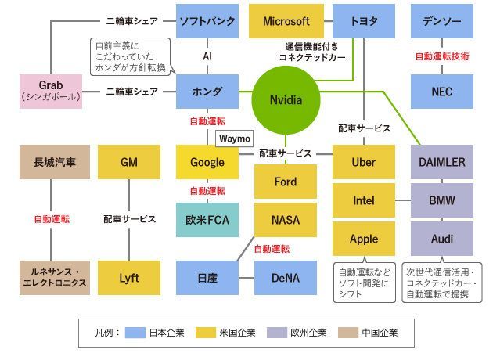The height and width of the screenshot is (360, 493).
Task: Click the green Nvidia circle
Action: (x=286, y=100)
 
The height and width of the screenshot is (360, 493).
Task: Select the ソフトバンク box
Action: (x=207, y=21)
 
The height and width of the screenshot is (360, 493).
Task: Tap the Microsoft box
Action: (x=286, y=21)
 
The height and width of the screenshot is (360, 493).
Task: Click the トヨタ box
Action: (x=364, y=21)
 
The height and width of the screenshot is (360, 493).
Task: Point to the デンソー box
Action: (x=442, y=21)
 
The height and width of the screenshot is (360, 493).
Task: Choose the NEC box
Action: (x=442, y=92)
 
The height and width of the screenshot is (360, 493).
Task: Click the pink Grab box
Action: (x=51, y=92)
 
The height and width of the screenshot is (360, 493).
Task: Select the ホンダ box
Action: (x=207, y=92)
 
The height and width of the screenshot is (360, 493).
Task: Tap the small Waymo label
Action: (x=234, y=139)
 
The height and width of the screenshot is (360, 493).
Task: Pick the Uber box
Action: (x=364, y=162)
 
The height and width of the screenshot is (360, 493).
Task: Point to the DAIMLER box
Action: (x=442, y=162)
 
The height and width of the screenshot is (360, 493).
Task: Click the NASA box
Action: (x=286, y=220)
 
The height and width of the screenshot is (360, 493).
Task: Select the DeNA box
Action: (x=286, y=277)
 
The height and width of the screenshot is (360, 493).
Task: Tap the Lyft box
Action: (x=129, y=277)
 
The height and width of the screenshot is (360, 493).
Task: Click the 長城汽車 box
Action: (x=51, y=162)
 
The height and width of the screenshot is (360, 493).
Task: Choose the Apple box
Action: (x=364, y=239)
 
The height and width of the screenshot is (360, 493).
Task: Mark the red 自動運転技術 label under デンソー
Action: (x=442, y=56)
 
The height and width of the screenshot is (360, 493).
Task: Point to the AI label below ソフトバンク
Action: (x=207, y=56)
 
